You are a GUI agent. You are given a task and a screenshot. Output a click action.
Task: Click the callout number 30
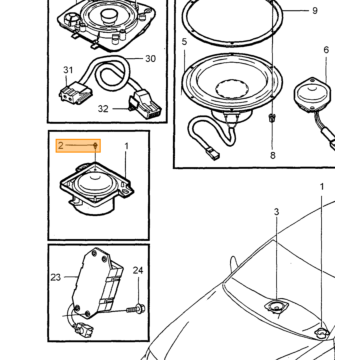[x=150, y=59]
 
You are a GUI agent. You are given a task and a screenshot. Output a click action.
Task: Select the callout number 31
[x=68, y=70]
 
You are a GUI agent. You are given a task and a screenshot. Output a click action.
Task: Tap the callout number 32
[x=103, y=109]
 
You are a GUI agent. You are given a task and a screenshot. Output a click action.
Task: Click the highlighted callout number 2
[x=60, y=145]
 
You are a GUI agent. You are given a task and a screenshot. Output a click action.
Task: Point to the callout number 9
[x=315, y=11]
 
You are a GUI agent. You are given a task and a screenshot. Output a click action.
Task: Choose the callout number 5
[x=184, y=42]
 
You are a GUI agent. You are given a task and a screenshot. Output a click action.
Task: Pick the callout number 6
[x=326, y=50]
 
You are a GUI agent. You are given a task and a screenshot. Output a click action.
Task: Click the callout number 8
[x=273, y=155]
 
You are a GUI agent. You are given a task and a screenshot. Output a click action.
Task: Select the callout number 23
[x=56, y=277]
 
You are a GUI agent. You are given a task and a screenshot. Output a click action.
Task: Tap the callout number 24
[x=138, y=270]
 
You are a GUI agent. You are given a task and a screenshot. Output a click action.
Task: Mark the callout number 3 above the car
[x=276, y=212]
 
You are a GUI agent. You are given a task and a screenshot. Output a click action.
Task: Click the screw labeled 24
[x=136, y=309]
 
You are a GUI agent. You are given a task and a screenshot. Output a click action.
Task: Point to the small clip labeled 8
[x=272, y=118]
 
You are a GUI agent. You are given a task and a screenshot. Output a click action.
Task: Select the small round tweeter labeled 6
[x=312, y=94]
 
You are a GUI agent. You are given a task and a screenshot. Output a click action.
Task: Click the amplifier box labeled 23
[x=97, y=283]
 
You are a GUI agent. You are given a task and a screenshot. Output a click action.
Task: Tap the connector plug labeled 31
[x=71, y=94]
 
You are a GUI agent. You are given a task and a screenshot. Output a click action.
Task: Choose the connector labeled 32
[x=146, y=105]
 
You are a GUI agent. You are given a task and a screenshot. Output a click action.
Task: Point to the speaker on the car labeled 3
[x=275, y=307]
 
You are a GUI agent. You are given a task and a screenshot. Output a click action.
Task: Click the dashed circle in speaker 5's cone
[x=232, y=89]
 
